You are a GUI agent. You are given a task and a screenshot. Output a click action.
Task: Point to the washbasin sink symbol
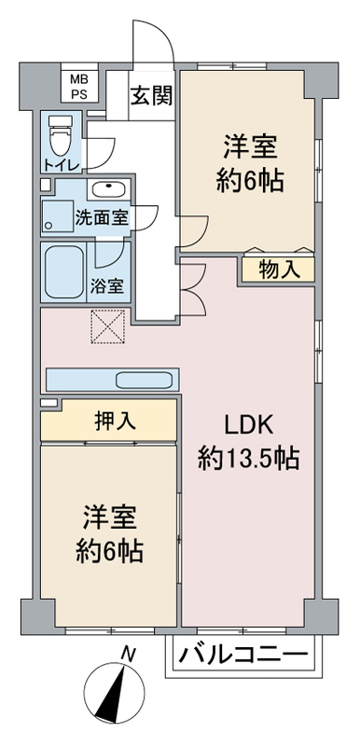coord(110,188)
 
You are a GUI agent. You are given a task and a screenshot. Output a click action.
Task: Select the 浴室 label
coord(110,287)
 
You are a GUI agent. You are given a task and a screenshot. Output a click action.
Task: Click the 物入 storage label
coord(278,270)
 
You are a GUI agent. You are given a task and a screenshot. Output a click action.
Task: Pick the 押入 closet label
coord(116,421)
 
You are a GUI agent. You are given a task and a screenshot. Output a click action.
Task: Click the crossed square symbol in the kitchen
coord(106,326)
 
